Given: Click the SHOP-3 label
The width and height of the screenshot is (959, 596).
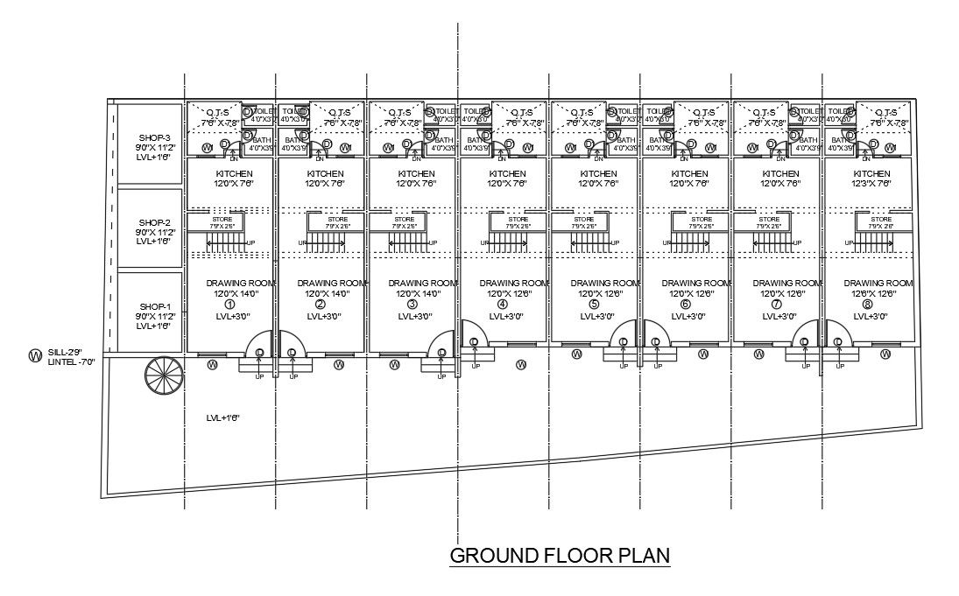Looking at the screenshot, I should tap(153, 138).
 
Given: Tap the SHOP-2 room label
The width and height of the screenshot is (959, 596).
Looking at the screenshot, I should tap(153, 222).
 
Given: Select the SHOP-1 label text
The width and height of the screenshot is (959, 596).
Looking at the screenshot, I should tap(153, 305).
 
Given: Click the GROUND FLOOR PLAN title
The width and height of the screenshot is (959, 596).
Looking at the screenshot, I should tap(559, 555).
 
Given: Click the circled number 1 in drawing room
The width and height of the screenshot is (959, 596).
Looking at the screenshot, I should tap(230, 305).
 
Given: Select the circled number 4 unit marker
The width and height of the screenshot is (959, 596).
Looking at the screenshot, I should tap(503, 305).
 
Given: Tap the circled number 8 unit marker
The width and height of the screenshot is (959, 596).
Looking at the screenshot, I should tap(867, 305).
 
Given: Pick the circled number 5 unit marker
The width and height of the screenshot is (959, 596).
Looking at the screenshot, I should tap(595, 305).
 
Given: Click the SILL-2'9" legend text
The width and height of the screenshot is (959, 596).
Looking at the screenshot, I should tap(70, 351).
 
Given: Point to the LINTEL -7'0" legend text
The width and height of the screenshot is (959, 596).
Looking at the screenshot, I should tap(72, 361).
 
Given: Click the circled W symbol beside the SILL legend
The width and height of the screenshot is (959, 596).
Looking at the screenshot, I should tap(35, 355).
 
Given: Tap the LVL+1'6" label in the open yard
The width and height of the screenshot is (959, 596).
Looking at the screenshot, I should tap(223, 418).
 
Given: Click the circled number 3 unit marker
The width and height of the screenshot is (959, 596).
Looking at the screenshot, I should tap(412, 305).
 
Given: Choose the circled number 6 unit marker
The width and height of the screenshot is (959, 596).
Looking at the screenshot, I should tap(686, 305).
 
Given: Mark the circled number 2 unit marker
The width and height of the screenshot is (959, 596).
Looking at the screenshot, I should tap(321, 305).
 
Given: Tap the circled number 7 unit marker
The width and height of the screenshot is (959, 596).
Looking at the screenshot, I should tap(777, 305).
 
